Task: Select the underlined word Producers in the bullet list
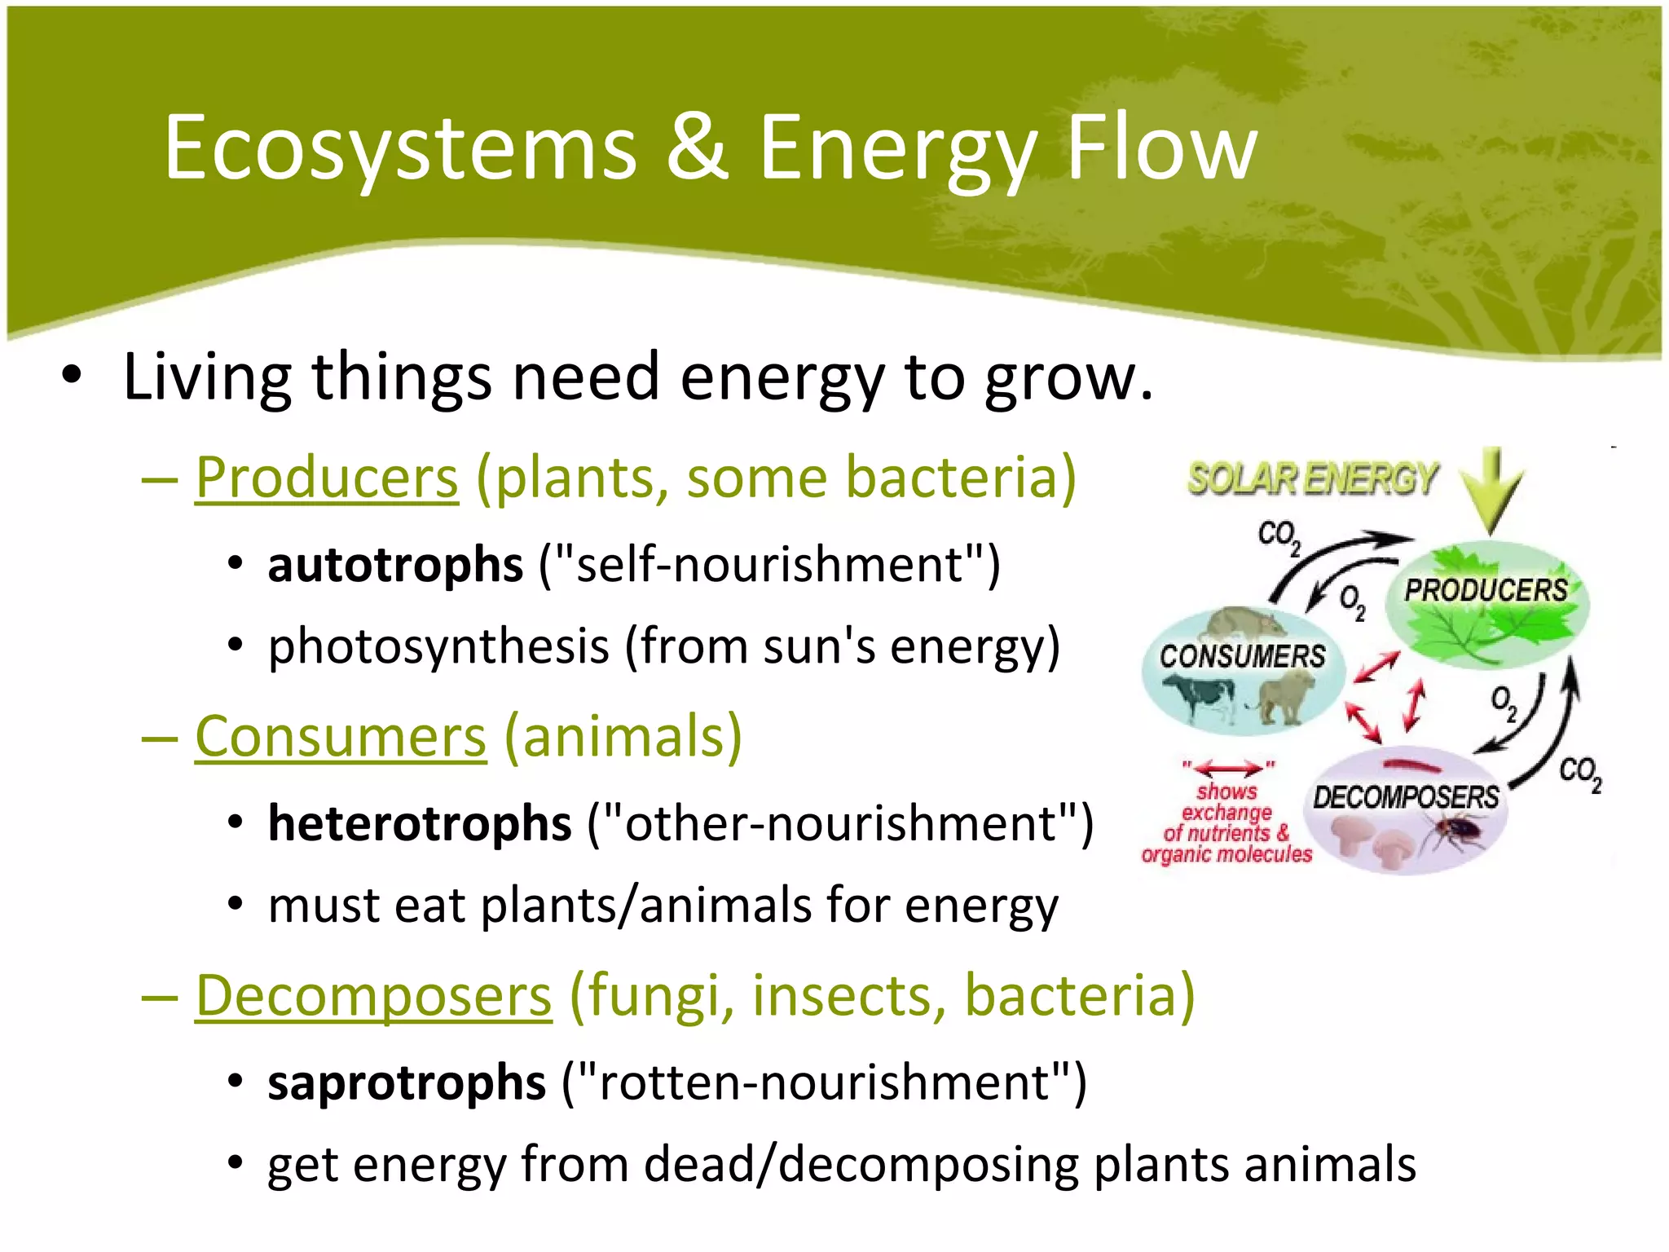point(327,478)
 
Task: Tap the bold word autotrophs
point(395,565)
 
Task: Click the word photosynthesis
point(438,647)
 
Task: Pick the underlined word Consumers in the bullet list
point(341,737)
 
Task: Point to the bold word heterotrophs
point(420,823)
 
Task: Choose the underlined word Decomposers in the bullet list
point(373,996)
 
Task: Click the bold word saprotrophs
point(407,1083)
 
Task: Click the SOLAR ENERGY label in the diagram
point(1312,479)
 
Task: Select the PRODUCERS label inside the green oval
point(1486,590)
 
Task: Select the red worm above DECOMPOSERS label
point(1414,765)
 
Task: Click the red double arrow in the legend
point(1229,768)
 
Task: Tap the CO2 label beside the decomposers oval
point(1580,772)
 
